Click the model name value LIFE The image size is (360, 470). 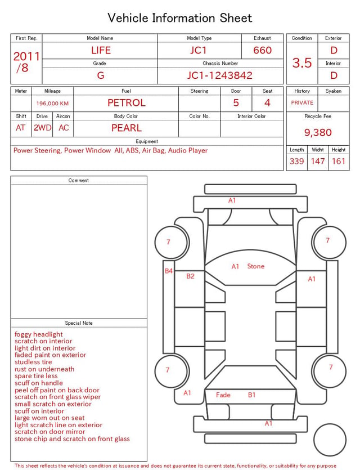pos(101,50)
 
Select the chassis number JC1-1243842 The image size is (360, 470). pos(220,75)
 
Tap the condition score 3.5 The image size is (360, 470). pos(302,62)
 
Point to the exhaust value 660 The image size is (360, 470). pos(262,50)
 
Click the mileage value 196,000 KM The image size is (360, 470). pos(52,104)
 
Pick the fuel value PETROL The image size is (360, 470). pos(127,103)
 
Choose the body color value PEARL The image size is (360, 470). pos(127,128)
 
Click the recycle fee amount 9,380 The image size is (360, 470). pos(318,132)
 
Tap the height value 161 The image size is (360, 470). pos(339,161)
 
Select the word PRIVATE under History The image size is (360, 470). pos(302,102)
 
